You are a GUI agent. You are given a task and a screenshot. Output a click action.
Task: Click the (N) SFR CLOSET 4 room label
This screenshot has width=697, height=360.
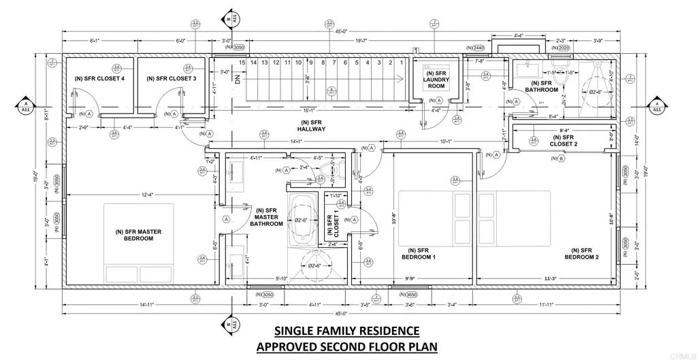point(99,79)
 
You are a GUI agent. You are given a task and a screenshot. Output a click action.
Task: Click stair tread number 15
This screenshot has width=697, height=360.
point(242,63)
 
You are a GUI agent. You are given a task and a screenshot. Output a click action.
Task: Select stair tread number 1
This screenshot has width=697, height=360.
point(402,63)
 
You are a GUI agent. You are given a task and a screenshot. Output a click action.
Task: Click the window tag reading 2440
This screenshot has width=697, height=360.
point(475,48)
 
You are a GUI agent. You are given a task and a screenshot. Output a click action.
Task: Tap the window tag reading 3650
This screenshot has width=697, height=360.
point(409,295)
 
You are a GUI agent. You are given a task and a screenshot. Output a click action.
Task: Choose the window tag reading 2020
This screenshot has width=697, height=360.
point(560,48)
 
